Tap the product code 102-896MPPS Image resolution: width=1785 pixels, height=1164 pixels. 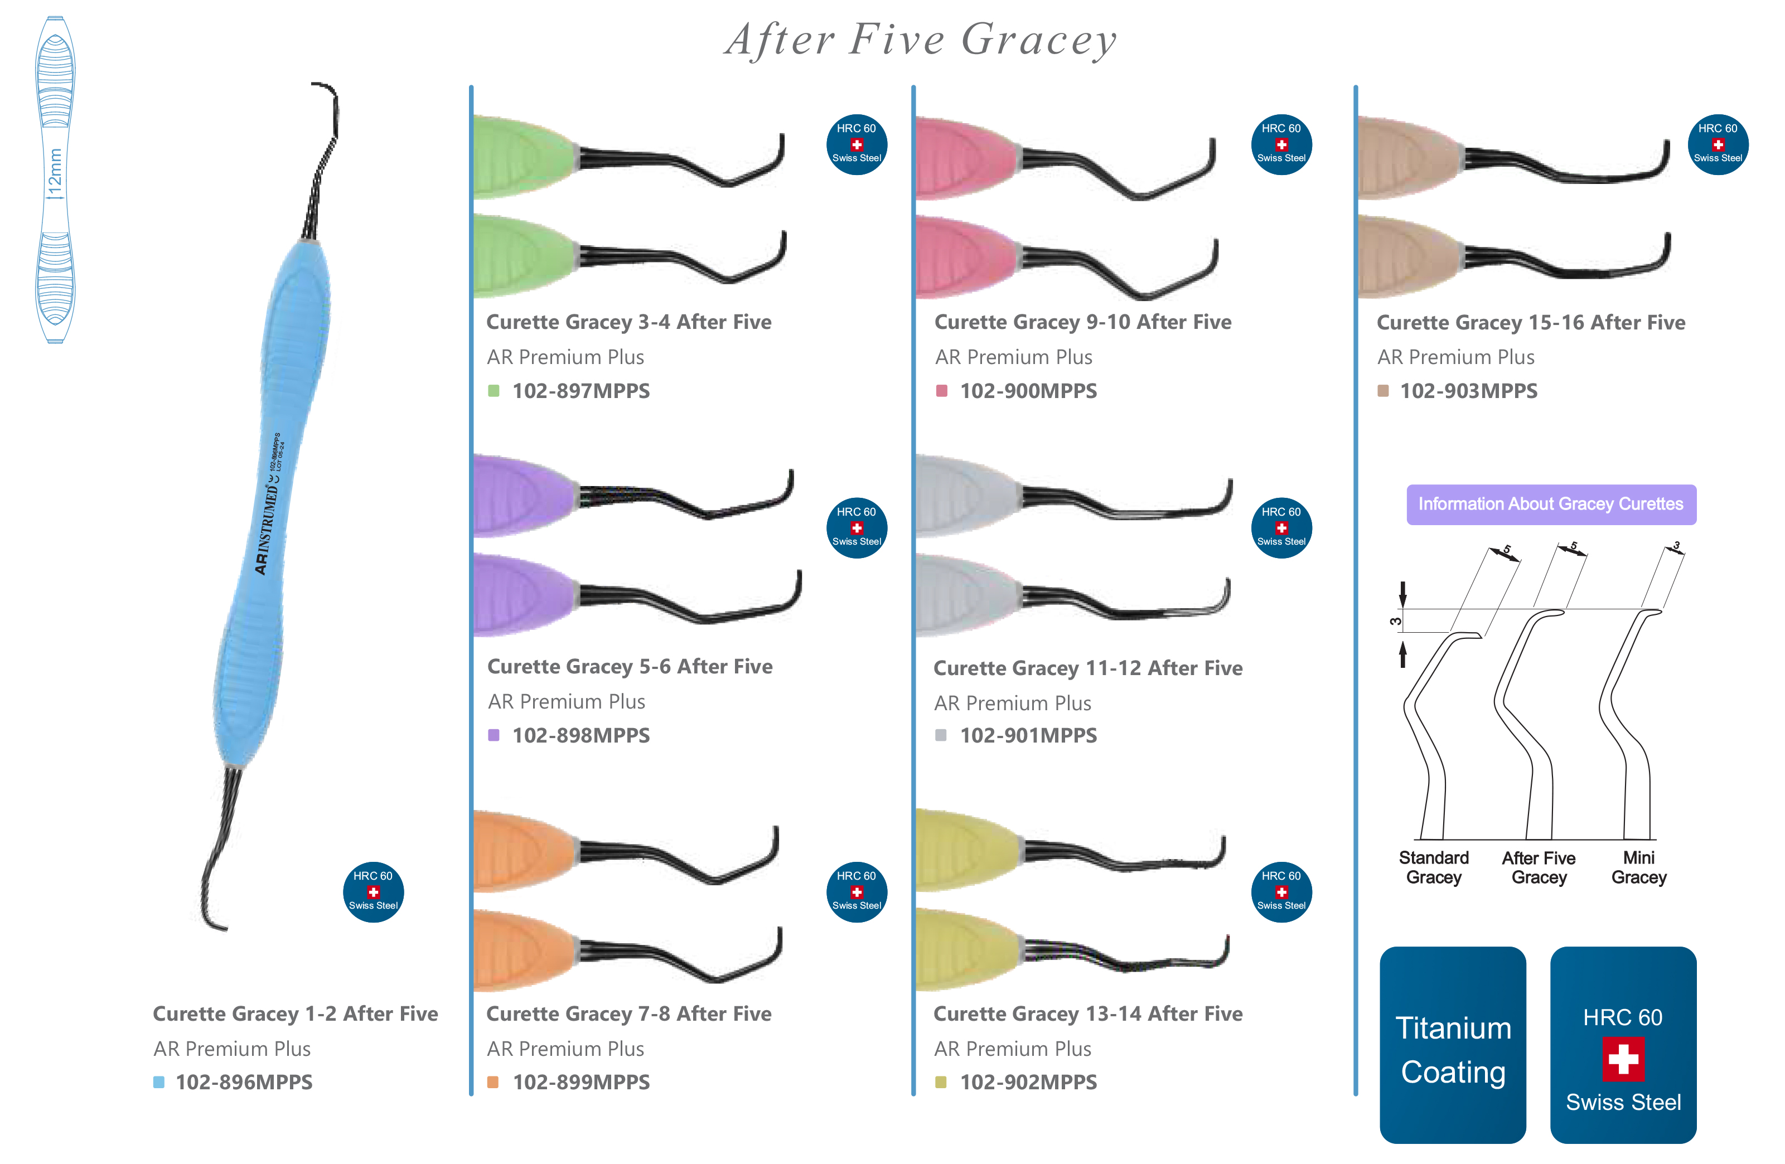pos(244,1082)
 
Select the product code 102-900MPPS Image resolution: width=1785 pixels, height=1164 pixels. pos(1028,391)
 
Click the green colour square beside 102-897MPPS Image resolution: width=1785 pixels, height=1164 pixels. pos(494,391)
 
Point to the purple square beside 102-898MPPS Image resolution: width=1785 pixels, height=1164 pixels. pos(494,735)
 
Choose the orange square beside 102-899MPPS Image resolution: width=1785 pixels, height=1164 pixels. pos(493,1082)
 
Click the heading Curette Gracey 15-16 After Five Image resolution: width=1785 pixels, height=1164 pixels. pos(1530,323)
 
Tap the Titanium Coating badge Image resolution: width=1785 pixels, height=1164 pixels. pos(1452,1045)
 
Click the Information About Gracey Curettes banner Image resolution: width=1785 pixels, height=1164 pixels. pos(1550,504)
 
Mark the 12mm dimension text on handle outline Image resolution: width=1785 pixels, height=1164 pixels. pos(55,173)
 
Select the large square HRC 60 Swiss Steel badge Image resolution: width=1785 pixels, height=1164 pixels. pos(1623,1045)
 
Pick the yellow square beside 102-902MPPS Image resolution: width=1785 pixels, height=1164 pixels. pos(941,1082)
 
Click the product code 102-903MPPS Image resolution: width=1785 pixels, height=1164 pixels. pos(1468,391)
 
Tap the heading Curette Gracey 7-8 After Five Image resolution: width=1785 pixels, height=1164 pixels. pos(628,1013)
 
